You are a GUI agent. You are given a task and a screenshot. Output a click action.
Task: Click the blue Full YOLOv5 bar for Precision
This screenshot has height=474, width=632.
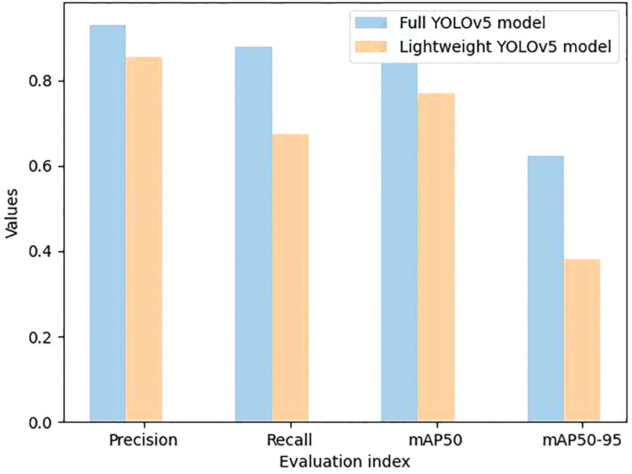[x=107, y=223]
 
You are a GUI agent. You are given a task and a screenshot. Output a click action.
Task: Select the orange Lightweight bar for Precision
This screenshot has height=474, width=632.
[x=144, y=239]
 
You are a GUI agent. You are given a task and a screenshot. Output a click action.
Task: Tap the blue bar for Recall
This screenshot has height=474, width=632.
[x=253, y=234]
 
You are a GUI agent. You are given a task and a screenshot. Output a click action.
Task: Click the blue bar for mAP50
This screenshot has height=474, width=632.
[x=399, y=241]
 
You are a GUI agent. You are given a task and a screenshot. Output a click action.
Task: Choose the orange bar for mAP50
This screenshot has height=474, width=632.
[x=436, y=257]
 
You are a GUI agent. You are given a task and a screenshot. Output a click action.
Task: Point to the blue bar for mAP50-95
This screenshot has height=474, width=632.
[x=545, y=289]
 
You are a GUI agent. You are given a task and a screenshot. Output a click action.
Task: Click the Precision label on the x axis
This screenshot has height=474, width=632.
[x=143, y=440]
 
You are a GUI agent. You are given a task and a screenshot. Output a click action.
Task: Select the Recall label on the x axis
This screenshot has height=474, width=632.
[x=289, y=440]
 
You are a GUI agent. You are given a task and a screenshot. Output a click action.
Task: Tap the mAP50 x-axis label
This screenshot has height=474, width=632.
[x=436, y=440]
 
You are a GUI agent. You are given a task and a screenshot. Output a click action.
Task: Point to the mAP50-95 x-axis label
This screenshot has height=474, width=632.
[x=582, y=440]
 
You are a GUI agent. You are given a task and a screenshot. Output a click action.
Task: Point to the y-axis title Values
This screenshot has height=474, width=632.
[x=12, y=213]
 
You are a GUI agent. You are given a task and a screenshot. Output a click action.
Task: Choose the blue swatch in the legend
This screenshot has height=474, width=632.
[x=371, y=23]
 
